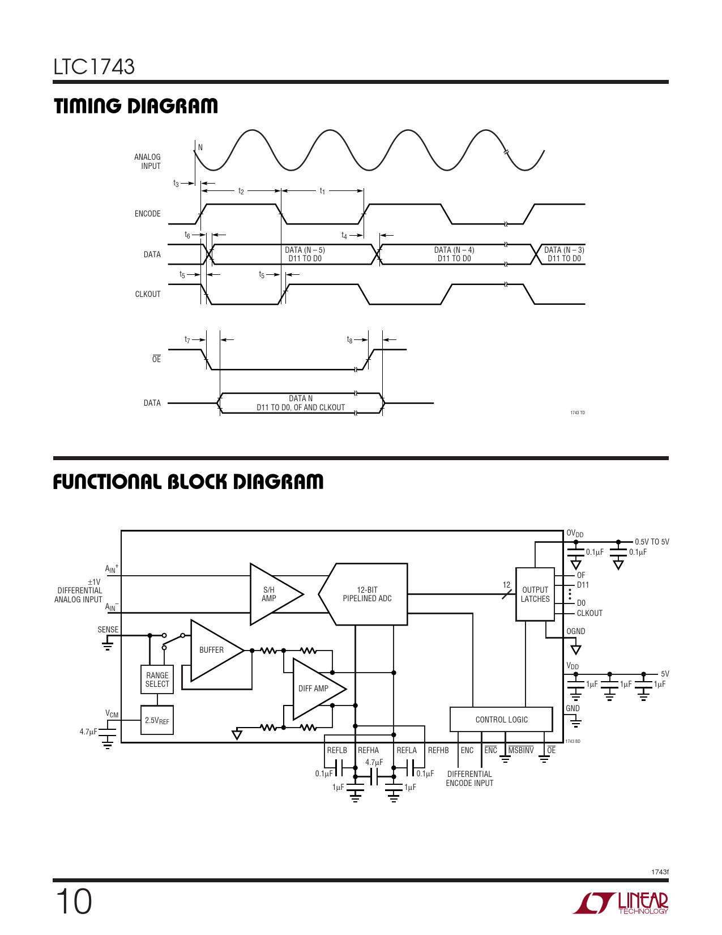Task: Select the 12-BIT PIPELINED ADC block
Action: point(366,594)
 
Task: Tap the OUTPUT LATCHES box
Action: point(535,594)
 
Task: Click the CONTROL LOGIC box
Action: point(501,720)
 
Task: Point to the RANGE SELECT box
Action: point(157,679)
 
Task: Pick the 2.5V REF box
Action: point(157,720)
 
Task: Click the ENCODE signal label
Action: point(147,214)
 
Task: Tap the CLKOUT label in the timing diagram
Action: point(147,294)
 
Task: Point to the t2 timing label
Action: point(241,192)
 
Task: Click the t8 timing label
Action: point(349,340)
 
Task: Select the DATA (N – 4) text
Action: point(454,250)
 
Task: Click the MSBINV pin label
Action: point(521,750)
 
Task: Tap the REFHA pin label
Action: point(368,750)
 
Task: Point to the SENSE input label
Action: point(108,630)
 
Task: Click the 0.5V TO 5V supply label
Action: point(652,542)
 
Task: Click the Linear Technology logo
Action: point(620,903)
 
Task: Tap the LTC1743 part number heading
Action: point(94,67)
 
